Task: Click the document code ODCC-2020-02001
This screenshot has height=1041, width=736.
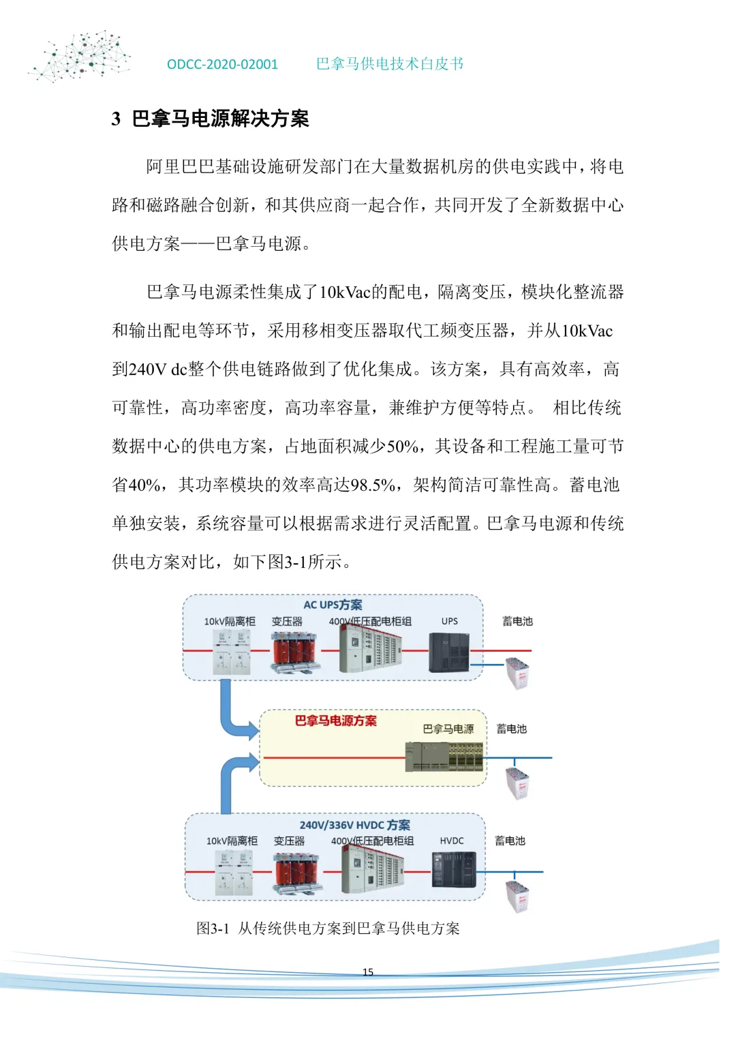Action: [x=222, y=64]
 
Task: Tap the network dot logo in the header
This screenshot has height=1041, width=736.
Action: [x=80, y=56]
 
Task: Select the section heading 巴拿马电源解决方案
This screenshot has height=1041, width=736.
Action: [x=219, y=119]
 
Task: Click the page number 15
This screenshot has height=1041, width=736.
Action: [x=368, y=971]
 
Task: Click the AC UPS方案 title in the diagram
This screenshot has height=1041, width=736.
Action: [x=333, y=605]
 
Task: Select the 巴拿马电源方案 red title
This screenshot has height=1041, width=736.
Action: [x=335, y=721]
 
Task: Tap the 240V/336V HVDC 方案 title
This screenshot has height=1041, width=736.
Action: [x=354, y=825]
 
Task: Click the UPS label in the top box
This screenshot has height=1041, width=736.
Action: [x=449, y=621]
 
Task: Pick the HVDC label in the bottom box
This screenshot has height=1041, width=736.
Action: [x=451, y=841]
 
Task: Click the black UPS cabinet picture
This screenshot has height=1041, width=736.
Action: [x=449, y=652]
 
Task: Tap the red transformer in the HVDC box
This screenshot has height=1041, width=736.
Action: [x=298, y=873]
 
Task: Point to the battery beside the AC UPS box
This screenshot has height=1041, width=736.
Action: [x=518, y=672]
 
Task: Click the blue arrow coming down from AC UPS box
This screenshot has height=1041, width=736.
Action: [x=235, y=716]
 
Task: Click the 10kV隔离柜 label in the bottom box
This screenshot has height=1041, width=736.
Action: [x=232, y=841]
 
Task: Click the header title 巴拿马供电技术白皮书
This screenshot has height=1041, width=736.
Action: [x=390, y=64]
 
